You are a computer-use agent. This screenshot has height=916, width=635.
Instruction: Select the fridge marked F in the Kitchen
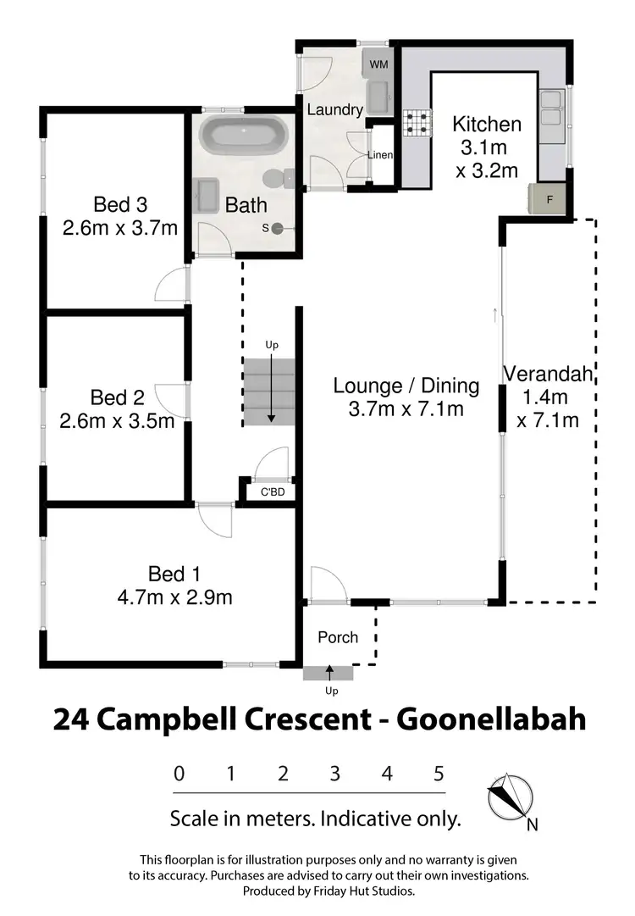click(549, 200)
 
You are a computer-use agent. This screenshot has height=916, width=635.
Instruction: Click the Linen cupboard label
click(380, 154)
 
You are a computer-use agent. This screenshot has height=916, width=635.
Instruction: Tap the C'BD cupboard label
click(271, 491)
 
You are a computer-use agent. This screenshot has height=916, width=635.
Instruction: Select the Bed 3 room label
click(120, 204)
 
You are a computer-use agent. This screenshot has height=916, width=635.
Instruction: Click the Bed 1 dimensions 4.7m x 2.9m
click(174, 597)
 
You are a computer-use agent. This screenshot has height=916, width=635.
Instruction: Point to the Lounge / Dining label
click(406, 386)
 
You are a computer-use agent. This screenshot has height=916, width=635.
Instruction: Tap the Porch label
click(338, 636)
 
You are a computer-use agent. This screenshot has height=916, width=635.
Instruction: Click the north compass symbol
click(510, 799)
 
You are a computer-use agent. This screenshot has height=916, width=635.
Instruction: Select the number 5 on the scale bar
click(439, 773)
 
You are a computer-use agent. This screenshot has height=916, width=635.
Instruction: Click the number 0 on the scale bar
click(179, 773)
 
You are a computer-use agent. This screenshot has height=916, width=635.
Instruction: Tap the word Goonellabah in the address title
click(492, 719)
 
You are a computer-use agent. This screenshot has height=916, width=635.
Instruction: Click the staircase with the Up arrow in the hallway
click(270, 391)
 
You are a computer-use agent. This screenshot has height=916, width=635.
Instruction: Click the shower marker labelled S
click(276, 228)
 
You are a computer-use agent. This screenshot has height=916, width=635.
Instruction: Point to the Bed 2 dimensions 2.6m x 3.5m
click(117, 420)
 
